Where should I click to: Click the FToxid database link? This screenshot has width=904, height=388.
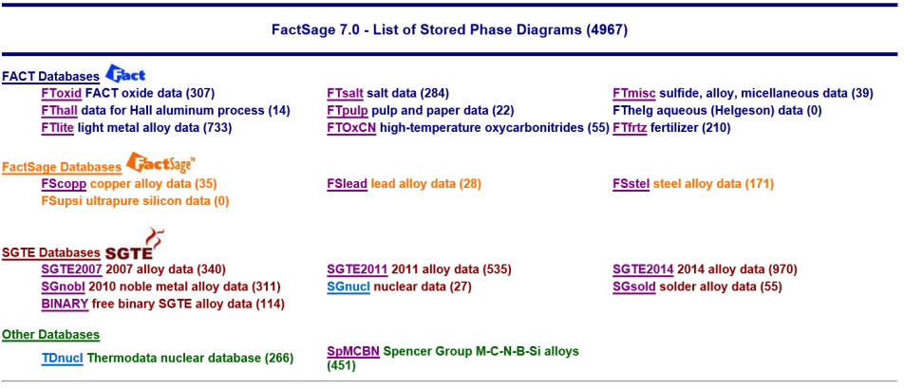(x=62, y=93)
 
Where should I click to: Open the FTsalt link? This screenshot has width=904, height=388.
(x=345, y=93)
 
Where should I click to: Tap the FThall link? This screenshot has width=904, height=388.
(x=60, y=111)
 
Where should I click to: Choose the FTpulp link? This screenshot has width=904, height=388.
(x=348, y=111)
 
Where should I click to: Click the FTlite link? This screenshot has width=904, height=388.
(x=58, y=128)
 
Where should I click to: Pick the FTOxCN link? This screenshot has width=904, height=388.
(x=351, y=128)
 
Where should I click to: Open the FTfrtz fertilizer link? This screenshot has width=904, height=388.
(x=630, y=128)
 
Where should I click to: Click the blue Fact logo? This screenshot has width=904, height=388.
(x=125, y=73)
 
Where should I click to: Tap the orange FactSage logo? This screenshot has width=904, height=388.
(x=160, y=162)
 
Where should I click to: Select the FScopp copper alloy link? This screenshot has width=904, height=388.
(x=64, y=184)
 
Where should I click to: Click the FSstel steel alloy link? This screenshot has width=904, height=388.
(x=631, y=184)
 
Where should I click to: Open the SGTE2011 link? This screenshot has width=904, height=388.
(x=357, y=269)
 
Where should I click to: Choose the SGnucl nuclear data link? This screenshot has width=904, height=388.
(x=348, y=286)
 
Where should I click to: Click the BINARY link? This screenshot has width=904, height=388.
(x=65, y=304)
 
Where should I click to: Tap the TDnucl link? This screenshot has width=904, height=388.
(x=63, y=358)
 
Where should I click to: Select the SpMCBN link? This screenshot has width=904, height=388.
(x=353, y=351)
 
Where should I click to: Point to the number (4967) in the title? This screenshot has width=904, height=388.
(x=607, y=30)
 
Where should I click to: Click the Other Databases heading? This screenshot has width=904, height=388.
(x=50, y=335)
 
